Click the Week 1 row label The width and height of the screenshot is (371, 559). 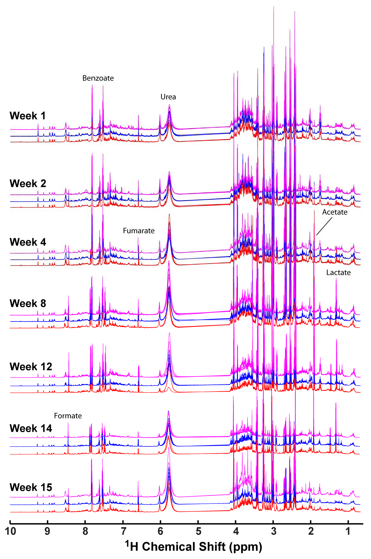[x=28, y=116]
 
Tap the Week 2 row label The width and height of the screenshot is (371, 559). [x=28, y=184]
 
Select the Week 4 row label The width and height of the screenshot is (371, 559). [x=28, y=242]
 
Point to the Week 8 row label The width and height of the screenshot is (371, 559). [x=28, y=303]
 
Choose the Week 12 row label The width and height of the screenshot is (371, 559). [x=31, y=367]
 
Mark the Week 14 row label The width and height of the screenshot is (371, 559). [x=31, y=428]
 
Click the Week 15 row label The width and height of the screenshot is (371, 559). [x=31, y=487]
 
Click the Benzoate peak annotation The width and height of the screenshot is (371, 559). [x=98, y=78]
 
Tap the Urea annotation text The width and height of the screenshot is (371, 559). [x=168, y=97]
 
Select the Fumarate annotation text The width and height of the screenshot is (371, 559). [x=139, y=231]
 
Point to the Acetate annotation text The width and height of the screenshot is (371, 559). [x=335, y=212]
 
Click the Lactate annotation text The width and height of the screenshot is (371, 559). [x=338, y=273]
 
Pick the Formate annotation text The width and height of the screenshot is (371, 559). [x=68, y=416]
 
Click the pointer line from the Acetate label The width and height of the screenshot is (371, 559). [x=324, y=227]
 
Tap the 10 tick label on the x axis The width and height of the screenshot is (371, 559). [x=10, y=531]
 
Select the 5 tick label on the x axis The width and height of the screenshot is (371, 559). [x=198, y=531]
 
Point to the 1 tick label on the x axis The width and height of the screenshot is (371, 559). [x=348, y=531]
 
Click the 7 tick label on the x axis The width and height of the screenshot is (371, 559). [x=123, y=531]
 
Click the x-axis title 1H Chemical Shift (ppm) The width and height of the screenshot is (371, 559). [x=194, y=546]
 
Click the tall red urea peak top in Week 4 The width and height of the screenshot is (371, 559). [x=169, y=215]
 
